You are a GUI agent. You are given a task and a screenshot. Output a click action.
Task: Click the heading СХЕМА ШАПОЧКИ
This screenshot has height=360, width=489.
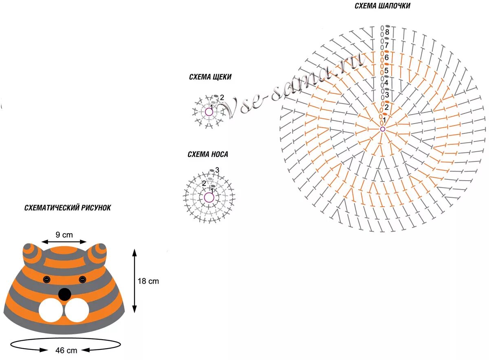tap(382, 6)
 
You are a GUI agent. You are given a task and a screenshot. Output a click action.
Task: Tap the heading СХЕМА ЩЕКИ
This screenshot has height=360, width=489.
tap(210, 77)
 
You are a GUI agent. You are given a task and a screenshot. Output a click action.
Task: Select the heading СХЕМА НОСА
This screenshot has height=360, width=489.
tap(208, 155)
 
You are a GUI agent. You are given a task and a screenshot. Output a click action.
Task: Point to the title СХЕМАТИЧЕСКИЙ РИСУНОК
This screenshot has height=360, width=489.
tap(68, 208)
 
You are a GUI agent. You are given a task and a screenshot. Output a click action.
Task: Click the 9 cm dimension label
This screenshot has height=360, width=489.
tap(64, 234)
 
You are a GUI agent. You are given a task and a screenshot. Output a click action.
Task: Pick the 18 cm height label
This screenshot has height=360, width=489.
tap(148, 281)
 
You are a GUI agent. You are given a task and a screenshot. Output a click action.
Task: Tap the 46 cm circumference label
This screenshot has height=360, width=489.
tap(66, 350)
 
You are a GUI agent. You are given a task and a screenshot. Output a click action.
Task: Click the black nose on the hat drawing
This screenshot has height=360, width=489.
tap(64, 294)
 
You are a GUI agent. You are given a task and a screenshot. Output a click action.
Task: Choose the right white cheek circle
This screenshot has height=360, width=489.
tap(77, 311)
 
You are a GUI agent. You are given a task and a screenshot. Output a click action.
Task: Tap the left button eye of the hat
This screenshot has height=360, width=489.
tap(46, 279)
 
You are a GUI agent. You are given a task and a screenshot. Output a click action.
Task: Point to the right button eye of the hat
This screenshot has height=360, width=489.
tap(82, 279)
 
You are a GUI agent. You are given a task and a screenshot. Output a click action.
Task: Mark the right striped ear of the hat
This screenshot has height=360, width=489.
tap(98, 254)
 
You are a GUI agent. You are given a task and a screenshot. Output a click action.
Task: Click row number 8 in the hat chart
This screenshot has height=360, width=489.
tap(387, 32)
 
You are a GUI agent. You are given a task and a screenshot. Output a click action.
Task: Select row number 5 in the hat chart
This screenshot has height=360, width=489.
tap(386, 71)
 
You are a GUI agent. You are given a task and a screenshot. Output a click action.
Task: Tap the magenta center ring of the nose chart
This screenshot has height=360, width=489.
tap(209, 198)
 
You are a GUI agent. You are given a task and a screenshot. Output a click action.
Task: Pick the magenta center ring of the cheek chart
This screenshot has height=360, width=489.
tap(209, 111)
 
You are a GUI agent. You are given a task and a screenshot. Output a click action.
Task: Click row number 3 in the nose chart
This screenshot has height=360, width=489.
tap(217, 170)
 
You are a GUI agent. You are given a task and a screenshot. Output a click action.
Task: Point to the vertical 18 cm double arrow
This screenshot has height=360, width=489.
tap(134, 281)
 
